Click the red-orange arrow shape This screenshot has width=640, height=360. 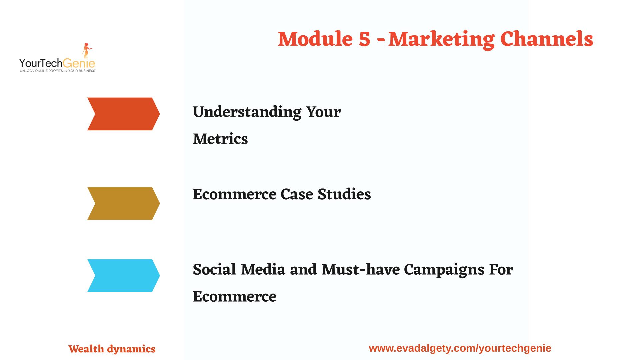tap(124, 114)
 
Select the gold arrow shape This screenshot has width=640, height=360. tap(124, 203)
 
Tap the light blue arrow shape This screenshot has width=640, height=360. tap(124, 276)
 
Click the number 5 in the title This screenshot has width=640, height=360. tap(365, 39)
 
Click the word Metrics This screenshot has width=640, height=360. tap(220, 139)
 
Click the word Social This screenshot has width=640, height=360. tap(214, 269)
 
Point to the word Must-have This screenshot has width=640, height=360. tap(361, 269)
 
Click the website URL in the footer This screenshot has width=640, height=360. tap(460, 348)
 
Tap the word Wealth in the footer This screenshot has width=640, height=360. tap(86, 349)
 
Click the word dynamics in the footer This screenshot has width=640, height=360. tap(131, 349)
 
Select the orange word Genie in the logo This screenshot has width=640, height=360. tap(79, 63)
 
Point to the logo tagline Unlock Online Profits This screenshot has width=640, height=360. tap(57, 71)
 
